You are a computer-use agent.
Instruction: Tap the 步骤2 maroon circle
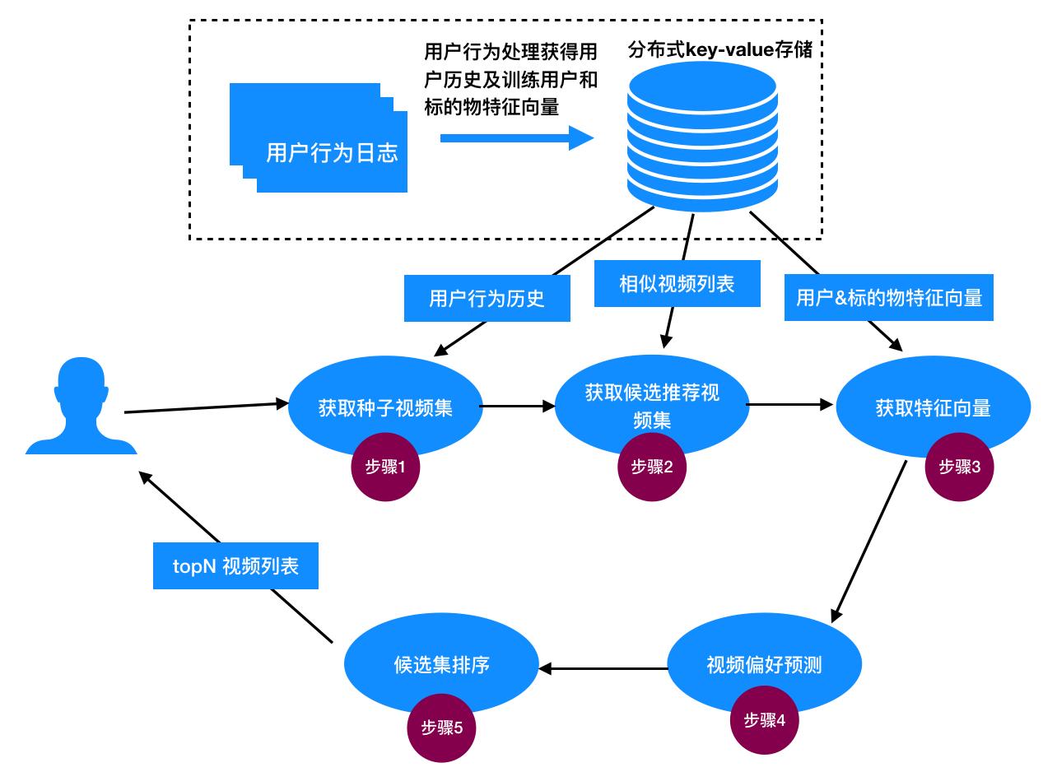[652, 468]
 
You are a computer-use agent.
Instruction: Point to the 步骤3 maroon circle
[959, 467]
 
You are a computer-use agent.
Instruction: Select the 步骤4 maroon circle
[765, 721]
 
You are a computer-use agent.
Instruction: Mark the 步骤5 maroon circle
[442, 728]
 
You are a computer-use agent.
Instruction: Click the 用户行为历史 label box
[487, 298]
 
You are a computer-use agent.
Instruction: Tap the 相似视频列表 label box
[677, 285]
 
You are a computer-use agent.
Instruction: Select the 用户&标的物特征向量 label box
[889, 298]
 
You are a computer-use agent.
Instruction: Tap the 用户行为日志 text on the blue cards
[332, 153]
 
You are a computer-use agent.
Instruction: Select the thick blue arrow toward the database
[516, 137]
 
